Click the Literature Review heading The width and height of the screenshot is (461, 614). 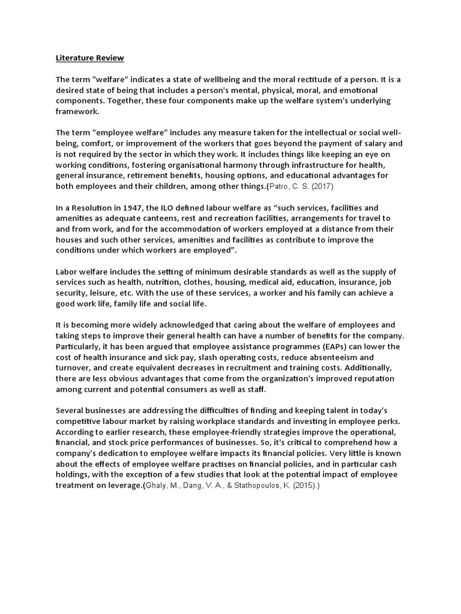[x=89, y=58]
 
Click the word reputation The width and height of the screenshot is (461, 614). [x=355, y=380]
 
